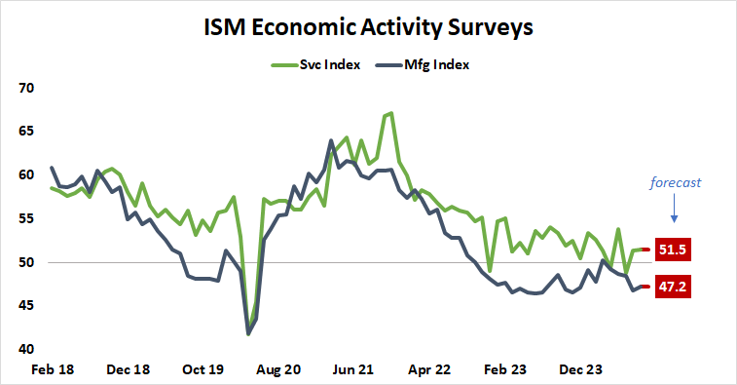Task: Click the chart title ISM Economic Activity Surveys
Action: click(368, 27)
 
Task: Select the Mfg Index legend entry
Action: click(436, 65)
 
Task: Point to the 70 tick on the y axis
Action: click(26, 88)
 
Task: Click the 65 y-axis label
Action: click(26, 132)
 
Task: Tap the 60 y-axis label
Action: click(26, 175)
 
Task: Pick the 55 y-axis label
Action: click(26, 219)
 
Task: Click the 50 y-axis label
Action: click(26, 262)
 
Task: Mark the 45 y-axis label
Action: click(26, 306)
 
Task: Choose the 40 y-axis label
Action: click(26, 350)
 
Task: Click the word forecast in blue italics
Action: click(676, 181)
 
